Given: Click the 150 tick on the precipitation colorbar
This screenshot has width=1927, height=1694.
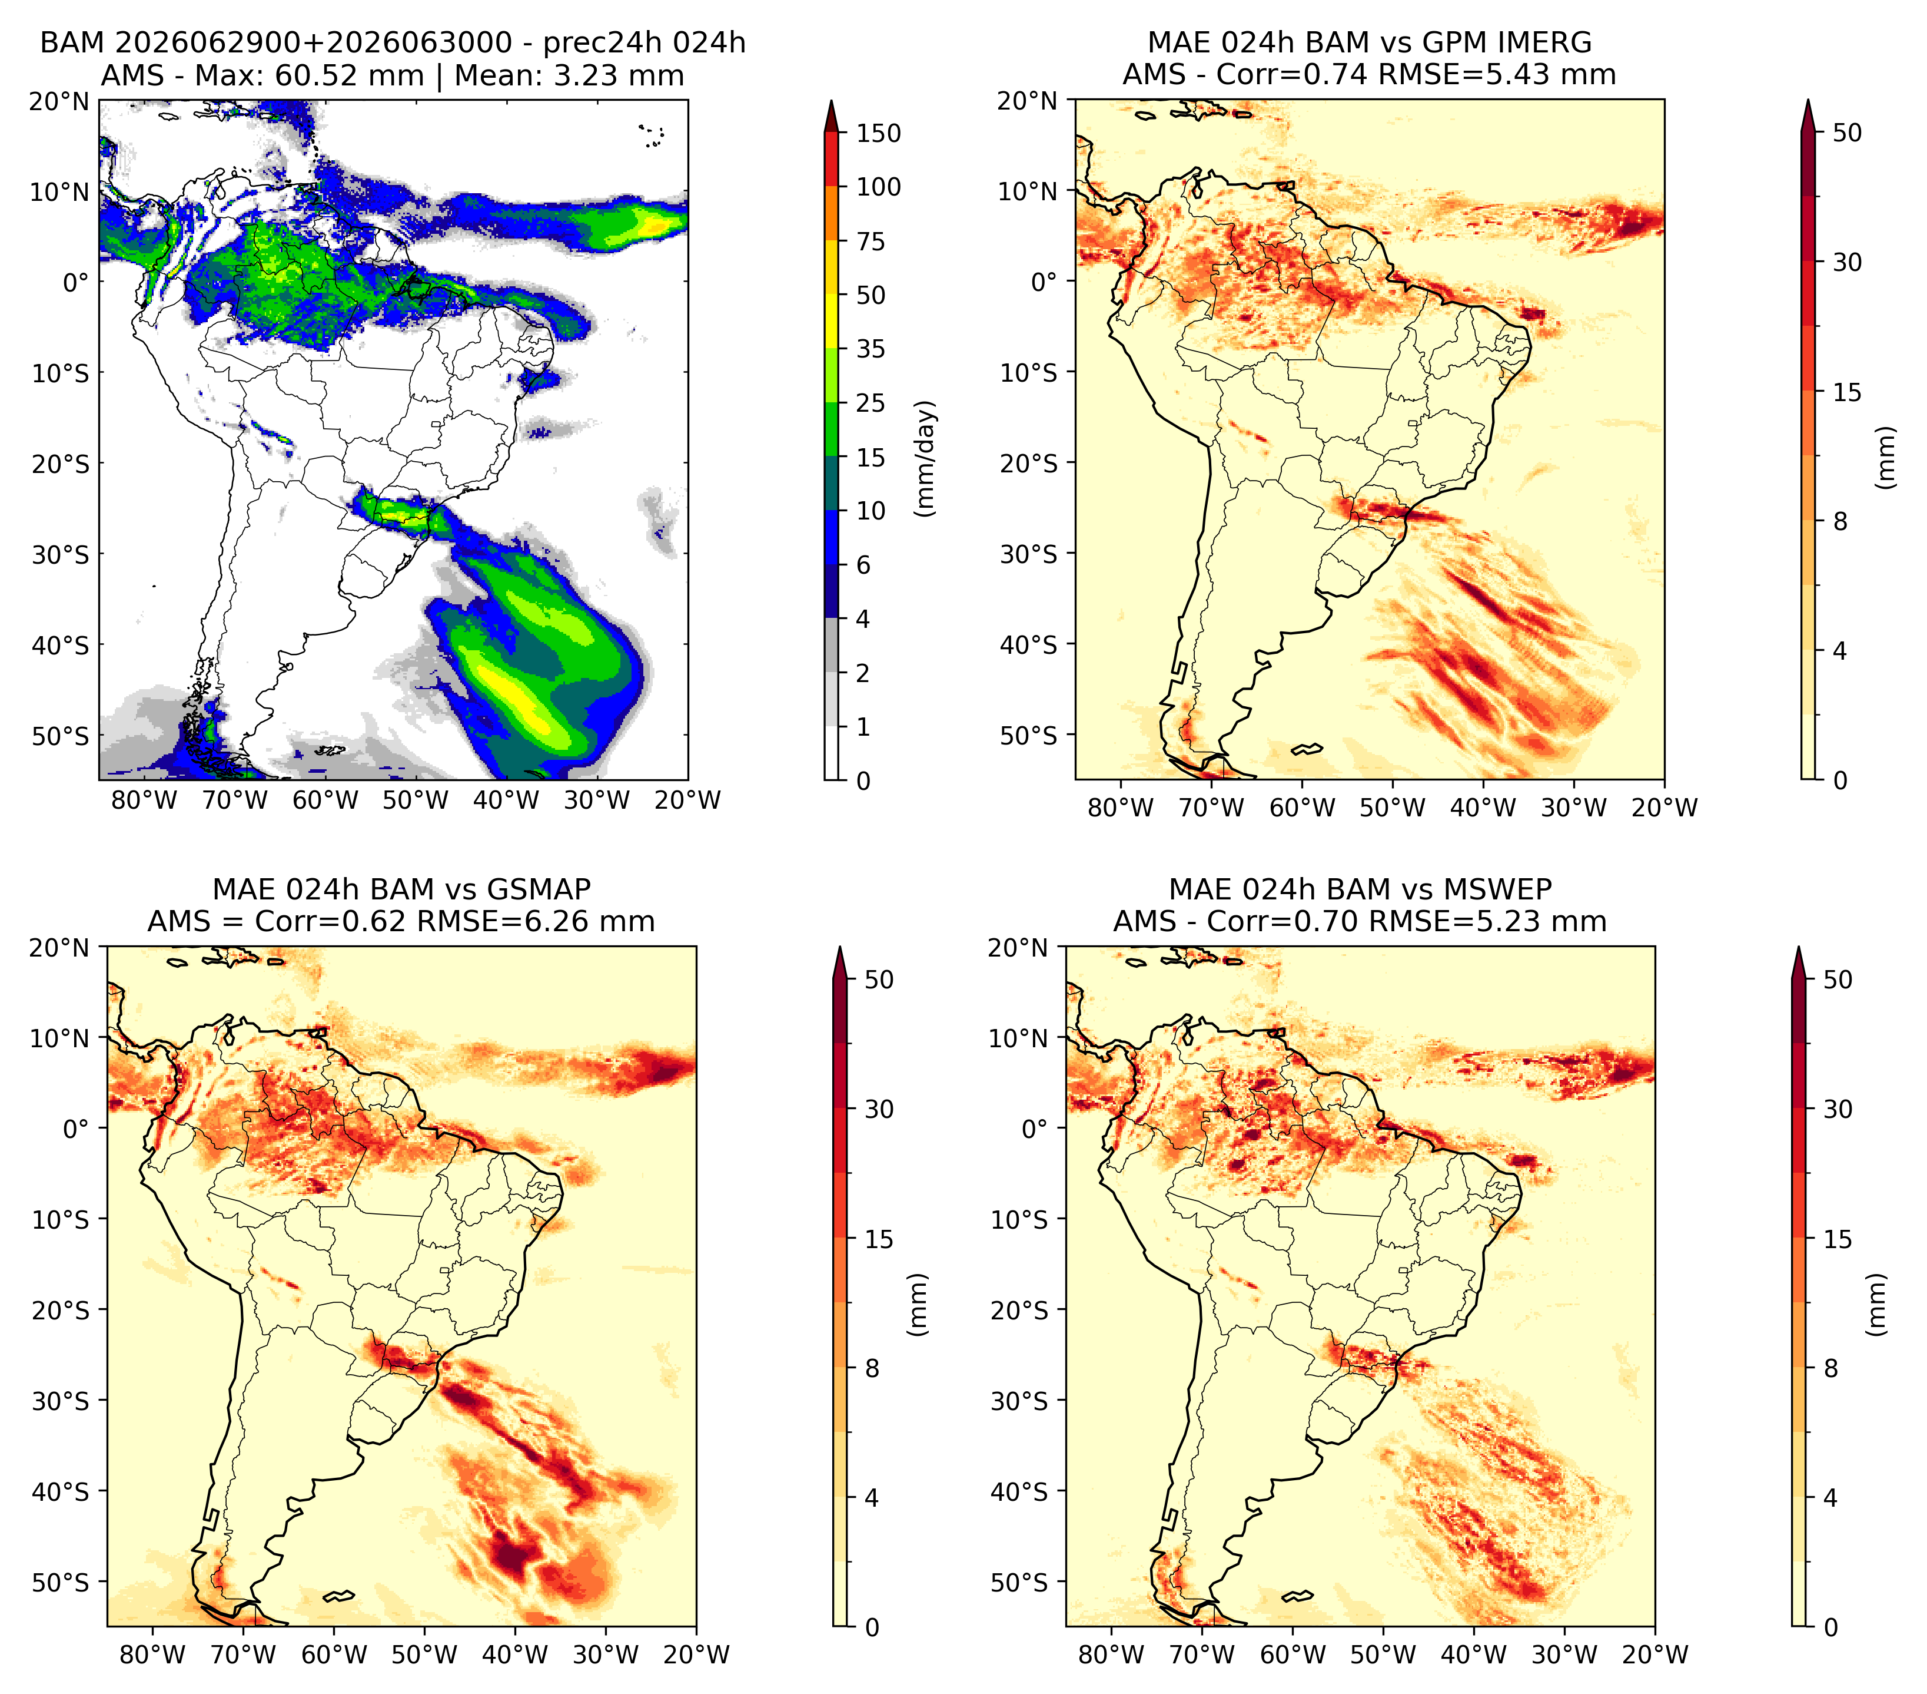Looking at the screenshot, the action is [878, 133].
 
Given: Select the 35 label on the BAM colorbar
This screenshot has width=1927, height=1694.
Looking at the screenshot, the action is [870, 349].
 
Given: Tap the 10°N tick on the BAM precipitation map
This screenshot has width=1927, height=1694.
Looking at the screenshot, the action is [58, 193].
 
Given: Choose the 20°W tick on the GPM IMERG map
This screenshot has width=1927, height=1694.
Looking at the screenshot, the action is [1664, 808].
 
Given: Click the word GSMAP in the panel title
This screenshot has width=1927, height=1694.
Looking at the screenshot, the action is [539, 889].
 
